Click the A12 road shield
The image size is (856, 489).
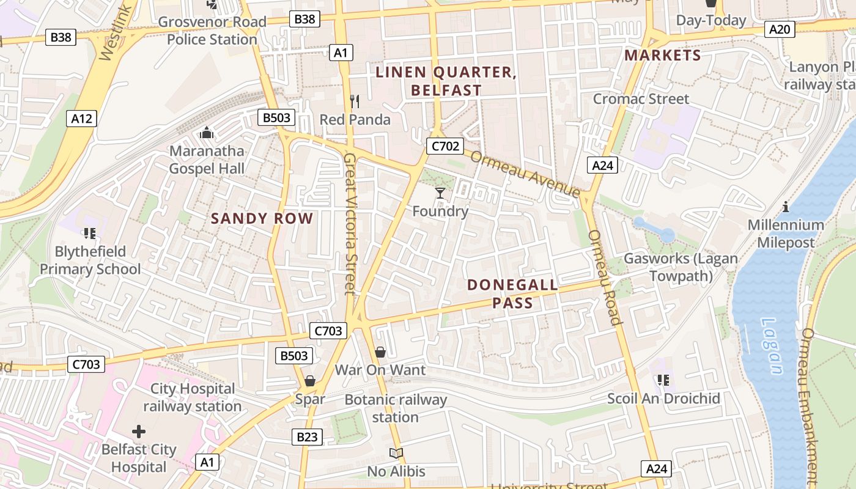tap(81, 119)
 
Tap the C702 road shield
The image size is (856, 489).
tap(445, 146)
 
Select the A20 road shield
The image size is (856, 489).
tap(780, 29)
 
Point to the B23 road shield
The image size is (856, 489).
tap(307, 437)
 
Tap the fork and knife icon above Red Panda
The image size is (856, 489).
tap(355, 101)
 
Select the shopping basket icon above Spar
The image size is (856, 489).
tap(310, 381)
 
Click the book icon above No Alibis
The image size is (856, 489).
tap(396, 454)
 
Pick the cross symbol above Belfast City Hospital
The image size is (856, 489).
tap(139, 432)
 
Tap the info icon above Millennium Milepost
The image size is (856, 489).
tap(786, 207)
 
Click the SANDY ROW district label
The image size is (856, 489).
tap(262, 219)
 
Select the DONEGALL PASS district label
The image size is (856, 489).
tap(512, 293)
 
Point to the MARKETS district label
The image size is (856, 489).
tap(662, 56)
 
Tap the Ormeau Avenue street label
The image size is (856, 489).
tap(525, 174)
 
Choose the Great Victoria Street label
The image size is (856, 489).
tap(349, 224)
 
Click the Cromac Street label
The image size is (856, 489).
tap(641, 99)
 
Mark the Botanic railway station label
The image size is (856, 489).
tap(396, 408)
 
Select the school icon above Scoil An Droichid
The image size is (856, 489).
tap(663, 380)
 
